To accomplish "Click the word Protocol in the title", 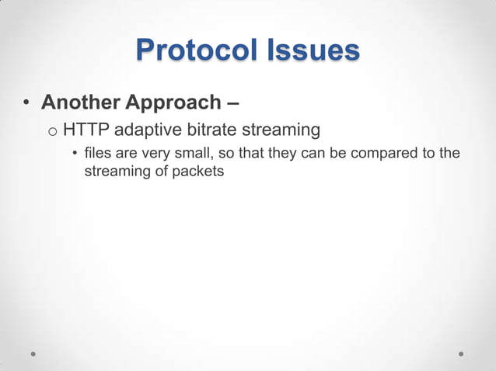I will coord(190,50).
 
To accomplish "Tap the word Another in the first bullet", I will coord(75,102).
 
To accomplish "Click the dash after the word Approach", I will coord(232,102).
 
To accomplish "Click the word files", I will coord(98,153).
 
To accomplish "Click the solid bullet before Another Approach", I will coord(26,103).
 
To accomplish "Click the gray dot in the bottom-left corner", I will coord(34,353).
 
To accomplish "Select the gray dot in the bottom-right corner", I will coord(461,353).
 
